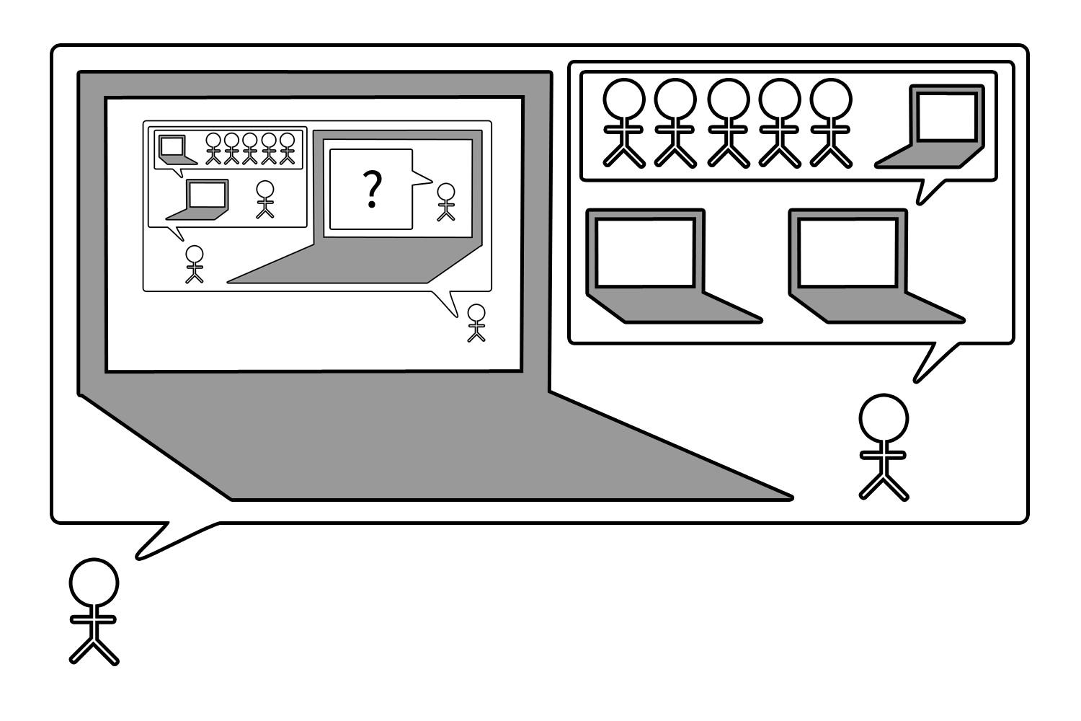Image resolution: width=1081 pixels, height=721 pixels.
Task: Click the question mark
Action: coord(372,190)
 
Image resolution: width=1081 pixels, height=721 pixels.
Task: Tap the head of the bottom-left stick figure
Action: coord(94,583)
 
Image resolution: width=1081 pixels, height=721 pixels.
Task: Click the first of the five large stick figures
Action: coord(624,123)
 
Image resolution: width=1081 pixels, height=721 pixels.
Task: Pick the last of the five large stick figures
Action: coord(831,123)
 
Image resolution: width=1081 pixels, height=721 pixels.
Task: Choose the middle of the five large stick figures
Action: coord(729,123)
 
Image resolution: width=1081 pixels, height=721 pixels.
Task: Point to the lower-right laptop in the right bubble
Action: coord(865,267)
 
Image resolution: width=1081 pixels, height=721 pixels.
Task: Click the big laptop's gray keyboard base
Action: coord(432,447)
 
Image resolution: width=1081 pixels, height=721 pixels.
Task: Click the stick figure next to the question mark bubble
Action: coord(447,202)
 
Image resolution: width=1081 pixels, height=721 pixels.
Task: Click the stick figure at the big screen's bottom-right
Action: coord(476,323)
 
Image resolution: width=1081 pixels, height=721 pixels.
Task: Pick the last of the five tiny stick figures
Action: coord(288,148)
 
